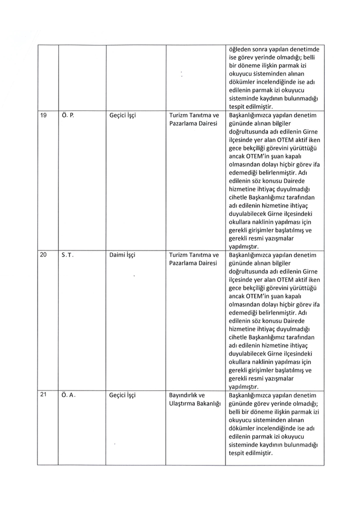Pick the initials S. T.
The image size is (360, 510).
(68, 255)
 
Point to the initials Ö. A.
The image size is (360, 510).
(68, 394)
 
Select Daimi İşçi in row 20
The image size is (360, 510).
(122, 255)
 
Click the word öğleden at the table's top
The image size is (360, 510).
(239, 49)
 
